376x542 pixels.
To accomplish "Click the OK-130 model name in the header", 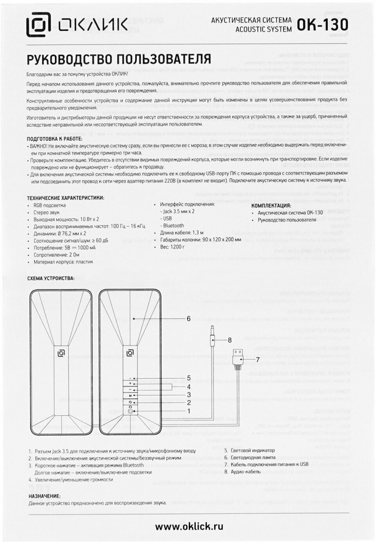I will point(323,24).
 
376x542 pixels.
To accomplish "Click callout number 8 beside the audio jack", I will point(230,340).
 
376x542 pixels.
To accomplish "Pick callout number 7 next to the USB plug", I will point(258,359).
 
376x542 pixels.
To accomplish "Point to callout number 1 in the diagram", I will point(189,411).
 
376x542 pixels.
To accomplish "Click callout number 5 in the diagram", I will point(189,377).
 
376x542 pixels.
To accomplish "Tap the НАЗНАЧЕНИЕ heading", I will point(44,496).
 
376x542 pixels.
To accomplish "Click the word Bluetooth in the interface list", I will point(173,225).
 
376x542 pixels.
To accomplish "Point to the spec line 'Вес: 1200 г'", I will point(173,246).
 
